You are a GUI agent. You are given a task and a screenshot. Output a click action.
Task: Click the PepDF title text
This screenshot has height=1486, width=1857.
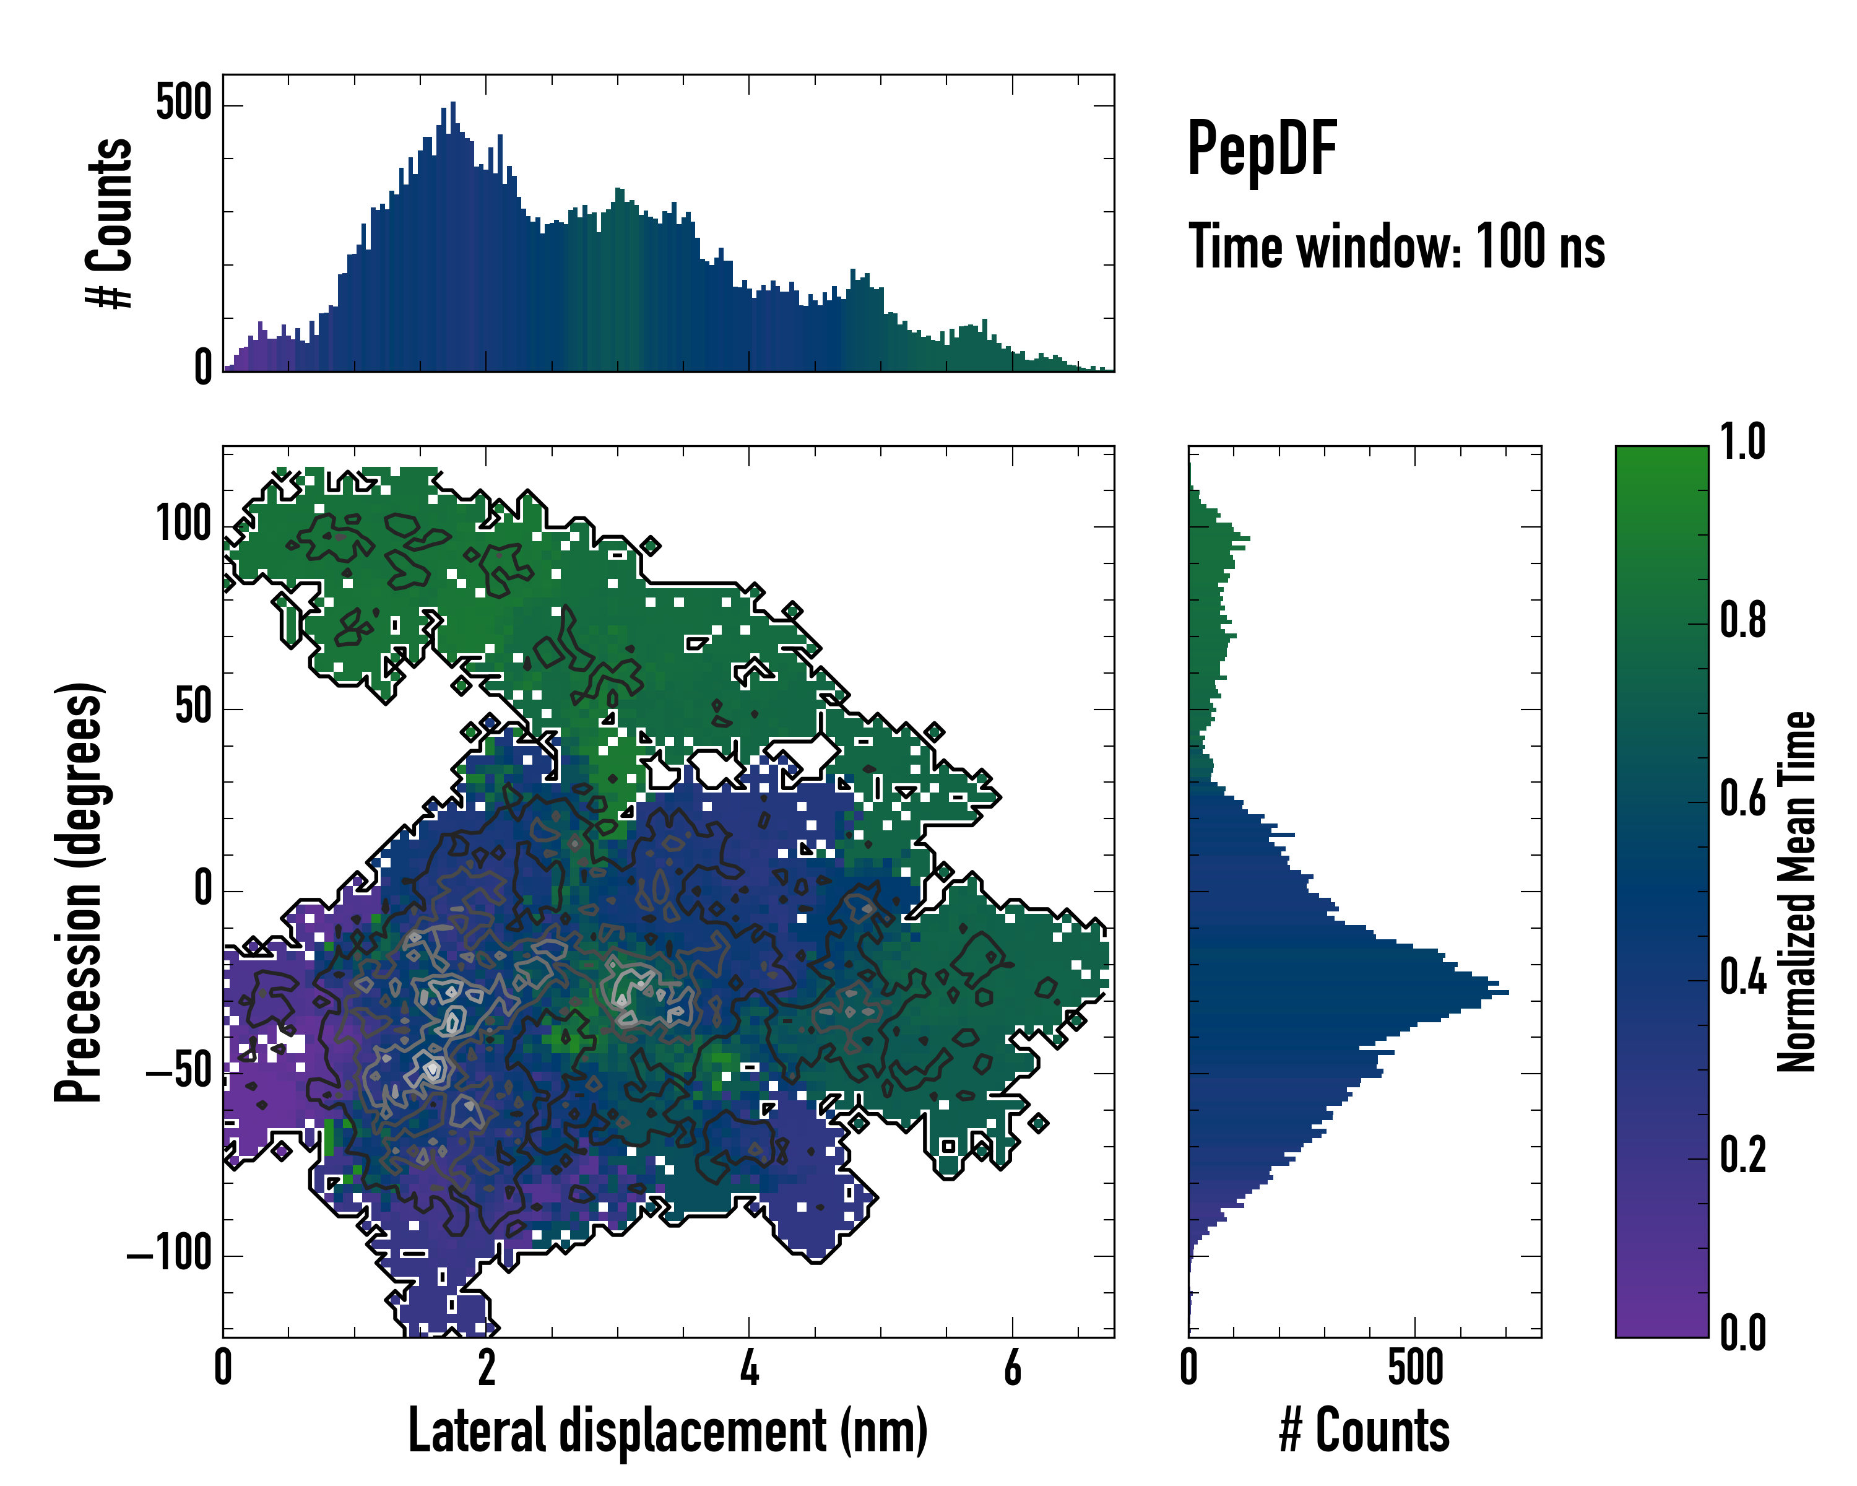tap(1261, 149)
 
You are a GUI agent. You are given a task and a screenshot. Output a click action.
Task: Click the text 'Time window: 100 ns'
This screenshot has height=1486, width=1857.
tap(1396, 246)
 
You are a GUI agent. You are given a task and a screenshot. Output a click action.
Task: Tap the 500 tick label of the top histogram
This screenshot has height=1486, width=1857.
tap(183, 103)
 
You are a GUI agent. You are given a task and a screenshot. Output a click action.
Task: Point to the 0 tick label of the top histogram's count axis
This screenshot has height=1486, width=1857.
tap(202, 368)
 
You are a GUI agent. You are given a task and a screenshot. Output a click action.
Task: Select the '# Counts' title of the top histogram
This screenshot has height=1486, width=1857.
tap(110, 223)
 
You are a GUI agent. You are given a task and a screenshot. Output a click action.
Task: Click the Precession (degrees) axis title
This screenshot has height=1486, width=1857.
tap(79, 892)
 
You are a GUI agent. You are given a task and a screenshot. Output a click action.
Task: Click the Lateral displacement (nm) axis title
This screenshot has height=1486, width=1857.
tap(667, 1431)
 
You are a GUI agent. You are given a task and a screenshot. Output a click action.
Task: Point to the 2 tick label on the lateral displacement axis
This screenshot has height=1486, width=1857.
tap(487, 1368)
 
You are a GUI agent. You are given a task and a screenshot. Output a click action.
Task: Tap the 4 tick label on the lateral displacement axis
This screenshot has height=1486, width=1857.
tap(750, 1368)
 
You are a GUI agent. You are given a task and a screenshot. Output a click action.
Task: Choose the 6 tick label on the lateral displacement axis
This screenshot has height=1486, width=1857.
tap(1013, 1368)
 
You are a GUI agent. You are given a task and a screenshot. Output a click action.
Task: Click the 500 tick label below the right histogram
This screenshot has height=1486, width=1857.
tap(1415, 1368)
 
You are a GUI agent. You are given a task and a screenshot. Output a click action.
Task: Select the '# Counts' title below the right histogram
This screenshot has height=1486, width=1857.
tap(1364, 1431)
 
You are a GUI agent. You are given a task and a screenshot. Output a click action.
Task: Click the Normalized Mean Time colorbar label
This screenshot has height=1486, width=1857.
tap(1797, 892)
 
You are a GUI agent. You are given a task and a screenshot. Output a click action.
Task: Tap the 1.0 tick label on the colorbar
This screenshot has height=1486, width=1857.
tap(1742, 442)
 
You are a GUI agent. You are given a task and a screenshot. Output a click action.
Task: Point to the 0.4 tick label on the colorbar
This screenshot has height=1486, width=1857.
tap(1742, 979)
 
